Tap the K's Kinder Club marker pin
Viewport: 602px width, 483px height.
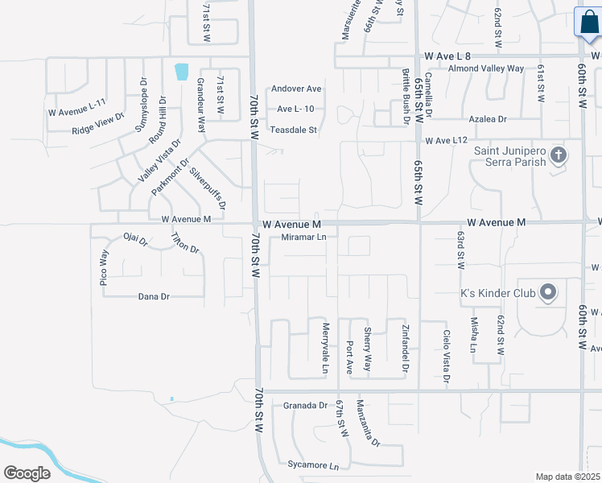tap(548, 292)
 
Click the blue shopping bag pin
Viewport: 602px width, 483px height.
tap(587, 23)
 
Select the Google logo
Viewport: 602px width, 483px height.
tap(27, 473)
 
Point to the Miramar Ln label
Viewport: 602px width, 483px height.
tap(304, 237)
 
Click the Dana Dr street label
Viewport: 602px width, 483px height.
tap(154, 296)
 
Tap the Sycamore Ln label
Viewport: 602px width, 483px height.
tap(313, 465)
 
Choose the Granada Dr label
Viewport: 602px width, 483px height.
tap(306, 406)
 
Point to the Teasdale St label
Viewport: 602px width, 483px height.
tap(295, 130)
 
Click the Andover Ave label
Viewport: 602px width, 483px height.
tap(296, 89)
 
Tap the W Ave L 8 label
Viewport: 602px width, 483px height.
tap(447, 56)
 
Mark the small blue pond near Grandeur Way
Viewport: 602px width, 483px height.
tap(182, 71)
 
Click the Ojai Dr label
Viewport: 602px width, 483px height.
tap(136, 240)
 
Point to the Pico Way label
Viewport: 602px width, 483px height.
tap(104, 268)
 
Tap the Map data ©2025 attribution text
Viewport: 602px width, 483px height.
tap(567, 477)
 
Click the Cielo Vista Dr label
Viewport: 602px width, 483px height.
tap(445, 354)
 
